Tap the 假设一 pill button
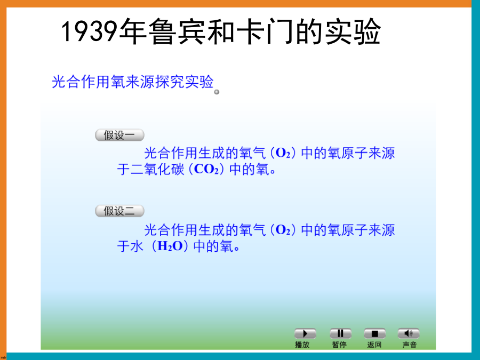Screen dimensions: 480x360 pos(119,135)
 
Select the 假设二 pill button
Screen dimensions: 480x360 pos(119,211)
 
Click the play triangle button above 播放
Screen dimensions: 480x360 pos(305,333)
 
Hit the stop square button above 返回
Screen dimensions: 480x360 pos(374,333)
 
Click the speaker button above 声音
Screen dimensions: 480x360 pos(409,333)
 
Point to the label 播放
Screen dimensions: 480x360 pos(302,345)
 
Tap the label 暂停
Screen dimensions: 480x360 pos(340,345)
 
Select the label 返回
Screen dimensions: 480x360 pos(374,345)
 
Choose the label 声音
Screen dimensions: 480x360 pos(410,345)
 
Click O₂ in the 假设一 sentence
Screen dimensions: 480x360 pos(283,153)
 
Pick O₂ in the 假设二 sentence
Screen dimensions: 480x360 pos(283,230)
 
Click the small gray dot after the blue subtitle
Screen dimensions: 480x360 pos(217,92)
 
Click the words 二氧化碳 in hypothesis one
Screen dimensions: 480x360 pos(158,169)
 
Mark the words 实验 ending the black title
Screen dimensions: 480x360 pos(353,31)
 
